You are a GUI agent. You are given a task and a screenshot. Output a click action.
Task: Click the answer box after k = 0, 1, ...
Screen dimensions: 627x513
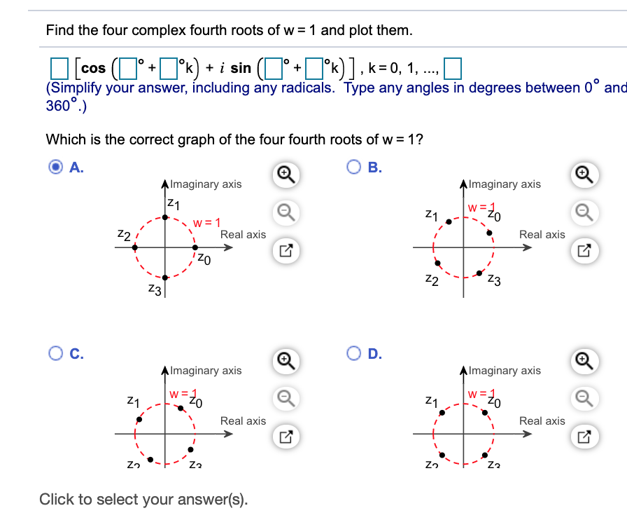pyautogui.click(x=453, y=68)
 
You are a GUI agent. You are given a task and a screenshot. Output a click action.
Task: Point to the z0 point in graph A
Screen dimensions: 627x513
pyautogui.click(x=195, y=247)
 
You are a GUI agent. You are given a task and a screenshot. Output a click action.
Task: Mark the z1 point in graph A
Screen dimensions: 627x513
pyautogui.click(x=165, y=217)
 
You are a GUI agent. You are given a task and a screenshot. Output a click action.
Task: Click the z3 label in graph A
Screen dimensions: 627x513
pyautogui.click(x=154, y=289)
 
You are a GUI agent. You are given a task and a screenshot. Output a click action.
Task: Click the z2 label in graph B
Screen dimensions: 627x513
pyautogui.click(x=432, y=281)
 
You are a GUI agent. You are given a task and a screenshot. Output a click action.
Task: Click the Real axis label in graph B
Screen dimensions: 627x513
pyautogui.click(x=542, y=235)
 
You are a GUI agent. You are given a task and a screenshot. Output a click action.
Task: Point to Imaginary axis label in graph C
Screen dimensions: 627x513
pyautogui.click(x=206, y=370)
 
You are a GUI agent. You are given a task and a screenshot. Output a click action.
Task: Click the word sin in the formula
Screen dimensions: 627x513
pyautogui.click(x=240, y=68)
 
